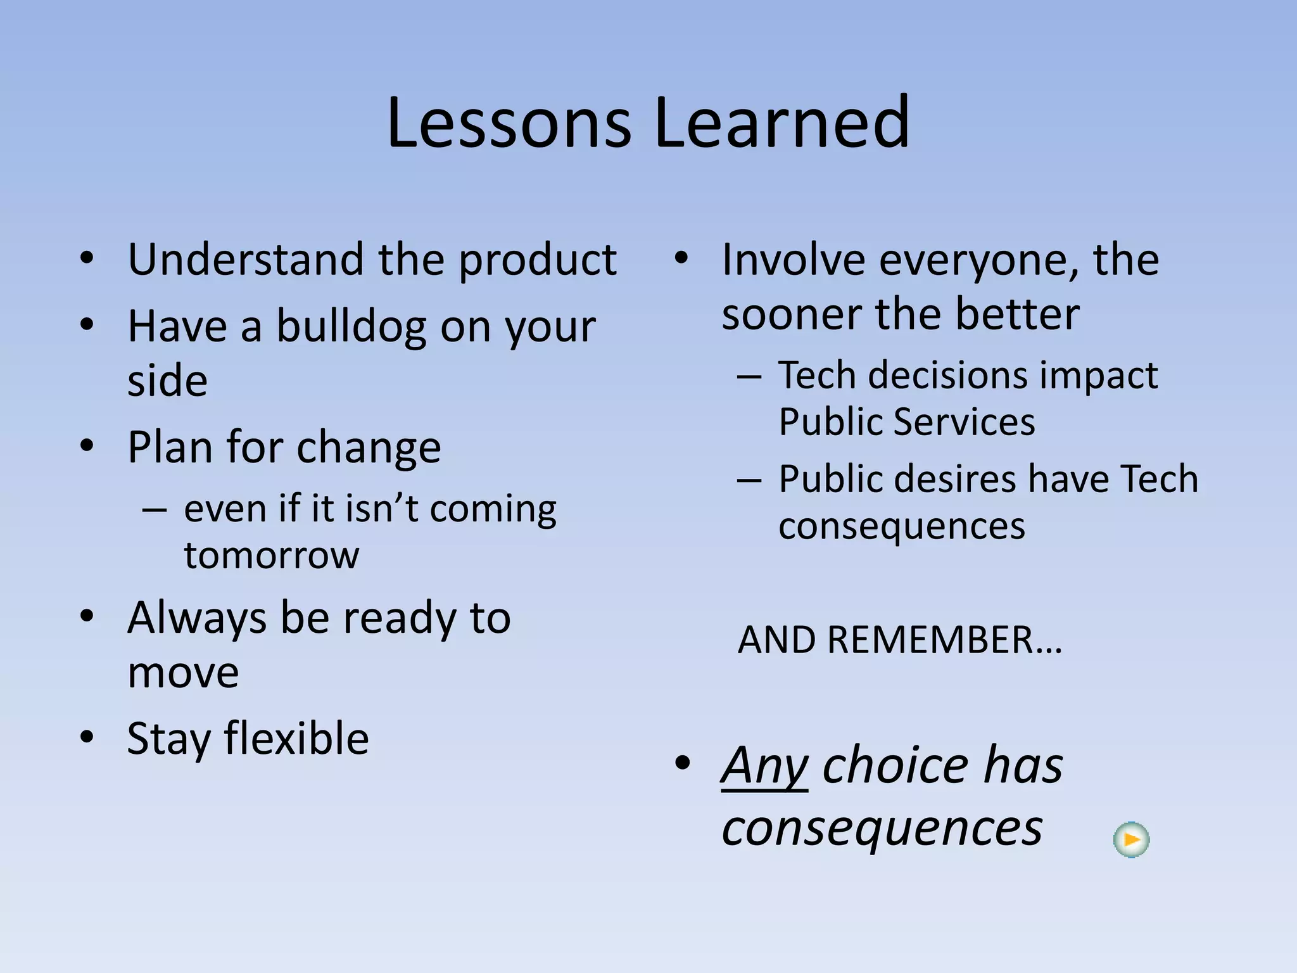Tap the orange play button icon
click(1131, 840)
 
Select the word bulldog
click(351, 327)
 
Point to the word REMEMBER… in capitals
click(944, 640)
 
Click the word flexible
click(296, 739)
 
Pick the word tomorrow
click(271, 556)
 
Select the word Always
click(197, 618)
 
